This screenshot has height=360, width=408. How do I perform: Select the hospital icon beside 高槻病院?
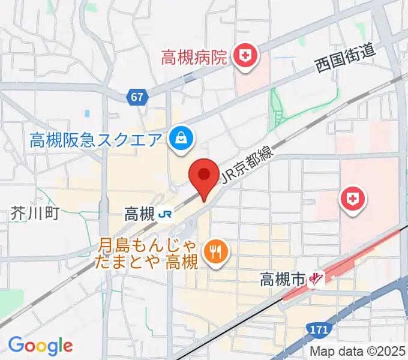(x=245, y=58)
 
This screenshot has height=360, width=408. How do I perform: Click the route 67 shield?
(x=138, y=96)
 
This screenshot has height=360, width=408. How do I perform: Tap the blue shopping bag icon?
(x=179, y=139)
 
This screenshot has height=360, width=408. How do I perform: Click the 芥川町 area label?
(x=35, y=213)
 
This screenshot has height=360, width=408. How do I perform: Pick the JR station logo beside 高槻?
(x=166, y=213)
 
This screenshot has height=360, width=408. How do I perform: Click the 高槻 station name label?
(x=139, y=213)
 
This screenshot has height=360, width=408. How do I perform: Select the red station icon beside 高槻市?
(x=316, y=278)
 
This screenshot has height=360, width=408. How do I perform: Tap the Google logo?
(x=40, y=346)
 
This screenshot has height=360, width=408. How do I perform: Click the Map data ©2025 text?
(x=357, y=351)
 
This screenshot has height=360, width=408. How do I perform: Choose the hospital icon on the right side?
(x=353, y=198)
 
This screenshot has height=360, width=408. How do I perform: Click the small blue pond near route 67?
(x=88, y=113)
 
